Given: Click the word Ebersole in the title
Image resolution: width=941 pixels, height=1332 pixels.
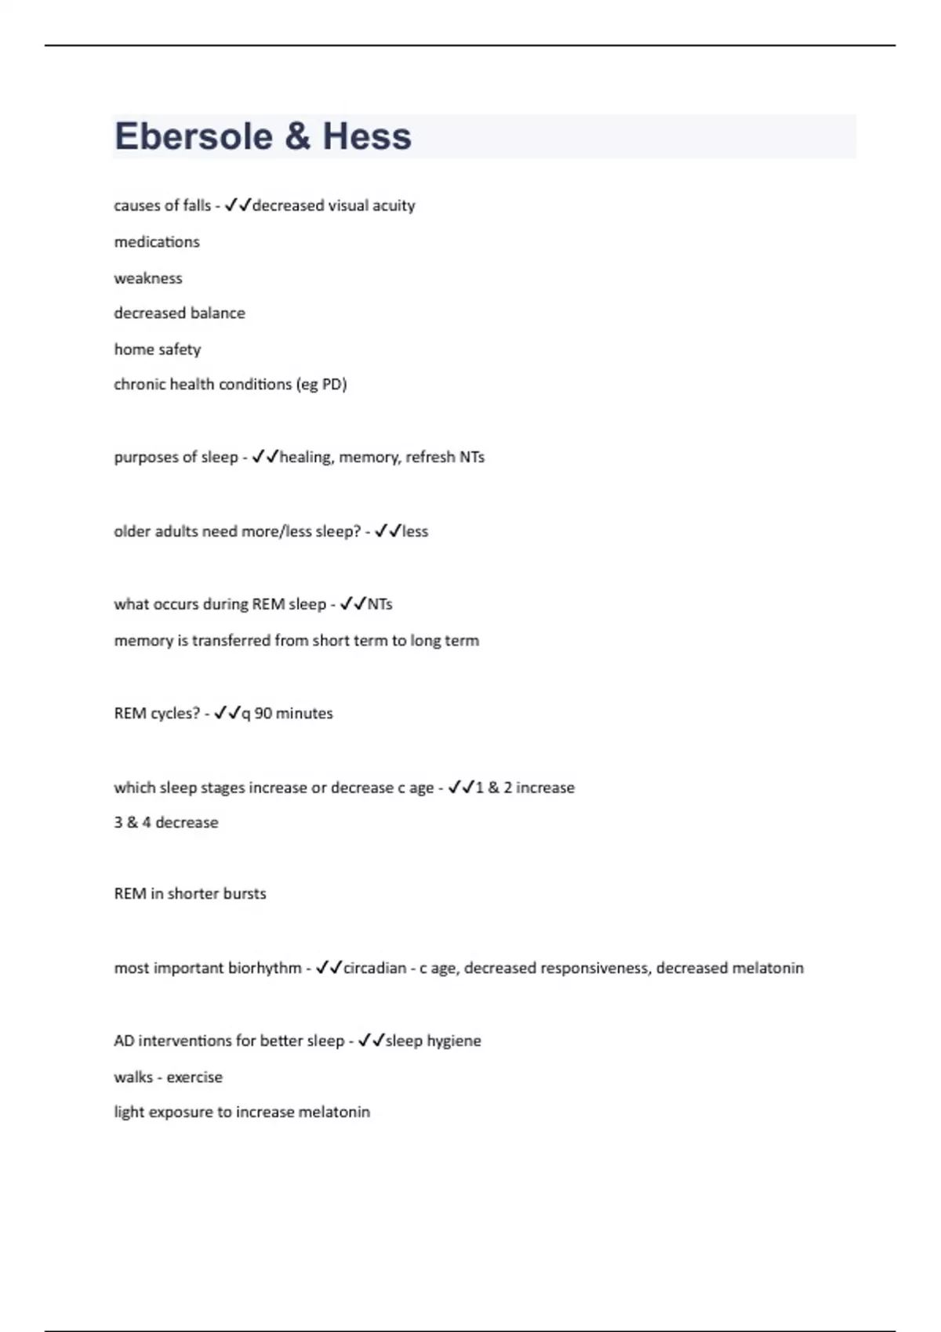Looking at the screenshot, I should (x=193, y=136).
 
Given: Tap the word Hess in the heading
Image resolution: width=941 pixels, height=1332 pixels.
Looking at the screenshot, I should (x=367, y=136).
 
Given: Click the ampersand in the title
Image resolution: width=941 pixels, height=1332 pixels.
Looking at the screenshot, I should (x=297, y=136).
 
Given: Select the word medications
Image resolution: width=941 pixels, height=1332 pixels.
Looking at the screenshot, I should (x=157, y=242).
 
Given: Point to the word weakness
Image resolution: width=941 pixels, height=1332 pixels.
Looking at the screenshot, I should (x=148, y=278).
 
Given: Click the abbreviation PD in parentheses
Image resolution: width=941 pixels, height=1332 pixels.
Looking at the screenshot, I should (x=332, y=384).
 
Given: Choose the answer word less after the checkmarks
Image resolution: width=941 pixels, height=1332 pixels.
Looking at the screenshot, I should (x=415, y=531).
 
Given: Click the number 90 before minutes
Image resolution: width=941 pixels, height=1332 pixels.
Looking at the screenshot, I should (x=263, y=713).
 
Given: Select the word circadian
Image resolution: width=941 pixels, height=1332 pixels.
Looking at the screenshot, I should (x=375, y=968).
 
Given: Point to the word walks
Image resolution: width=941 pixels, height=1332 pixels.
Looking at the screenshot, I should (x=133, y=1077).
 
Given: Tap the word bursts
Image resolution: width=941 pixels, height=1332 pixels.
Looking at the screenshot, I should (x=245, y=893).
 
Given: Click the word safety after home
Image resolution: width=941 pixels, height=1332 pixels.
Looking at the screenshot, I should (x=180, y=349).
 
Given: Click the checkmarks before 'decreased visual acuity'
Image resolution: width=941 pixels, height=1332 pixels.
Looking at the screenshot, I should (x=238, y=205).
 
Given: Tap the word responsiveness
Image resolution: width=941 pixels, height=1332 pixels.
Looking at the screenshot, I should (x=557, y=968).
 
